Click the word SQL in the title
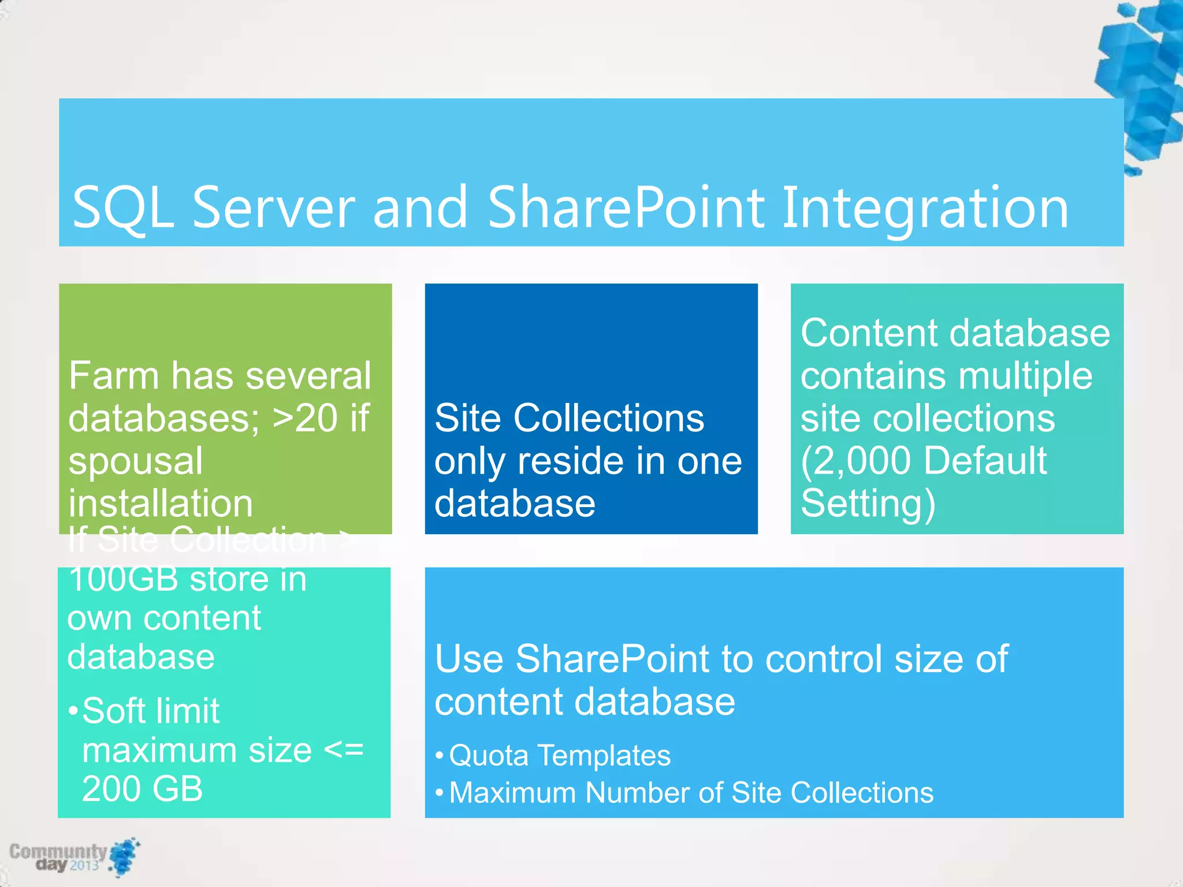(123, 208)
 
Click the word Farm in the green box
(113, 376)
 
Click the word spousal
(136, 461)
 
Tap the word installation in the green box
(161, 503)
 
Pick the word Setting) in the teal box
(867, 504)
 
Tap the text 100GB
(122, 579)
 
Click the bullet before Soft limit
(73, 711)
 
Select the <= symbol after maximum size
(344, 750)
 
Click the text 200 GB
(142, 789)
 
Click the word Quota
(489, 755)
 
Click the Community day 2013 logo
(74, 856)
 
